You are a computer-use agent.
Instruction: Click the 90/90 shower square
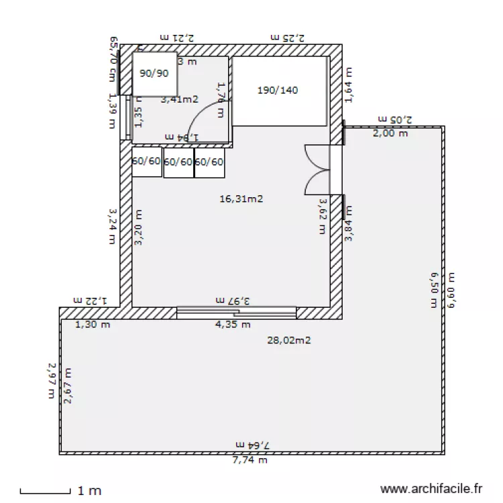[x=154, y=74]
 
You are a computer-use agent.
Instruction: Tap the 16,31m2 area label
[x=241, y=199]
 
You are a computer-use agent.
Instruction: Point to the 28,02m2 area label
[x=288, y=340]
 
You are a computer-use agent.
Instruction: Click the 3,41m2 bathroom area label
[x=180, y=100]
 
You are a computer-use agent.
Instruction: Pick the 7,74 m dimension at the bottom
[x=249, y=460]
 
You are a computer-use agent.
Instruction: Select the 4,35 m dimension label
[x=233, y=325]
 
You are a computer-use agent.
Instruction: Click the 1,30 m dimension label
[x=92, y=325]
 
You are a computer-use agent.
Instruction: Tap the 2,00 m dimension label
[x=390, y=133]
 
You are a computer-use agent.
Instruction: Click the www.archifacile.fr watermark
[x=431, y=490]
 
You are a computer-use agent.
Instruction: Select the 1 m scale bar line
[x=45, y=493]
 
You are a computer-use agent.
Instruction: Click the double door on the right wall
[x=317, y=170]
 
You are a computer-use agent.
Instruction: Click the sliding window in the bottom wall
[x=236, y=311]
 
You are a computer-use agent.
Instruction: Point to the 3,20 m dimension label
[x=139, y=228]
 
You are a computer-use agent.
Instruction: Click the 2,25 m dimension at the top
[x=287, y=38]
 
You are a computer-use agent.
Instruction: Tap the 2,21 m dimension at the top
[x=176, y=38]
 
